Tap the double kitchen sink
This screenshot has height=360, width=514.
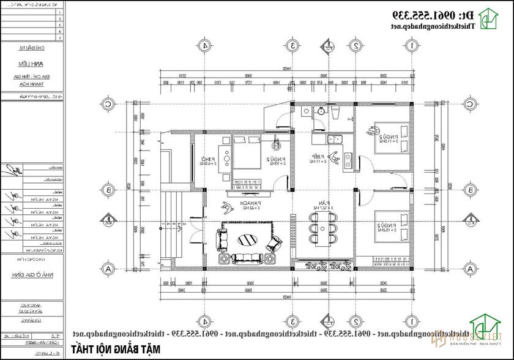(335, 138)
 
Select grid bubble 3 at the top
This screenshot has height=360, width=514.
(294, 46)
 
